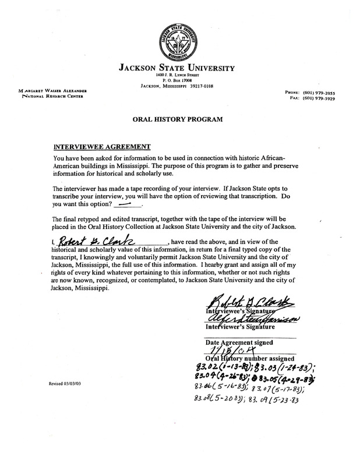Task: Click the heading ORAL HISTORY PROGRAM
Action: [x=180, y=119]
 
